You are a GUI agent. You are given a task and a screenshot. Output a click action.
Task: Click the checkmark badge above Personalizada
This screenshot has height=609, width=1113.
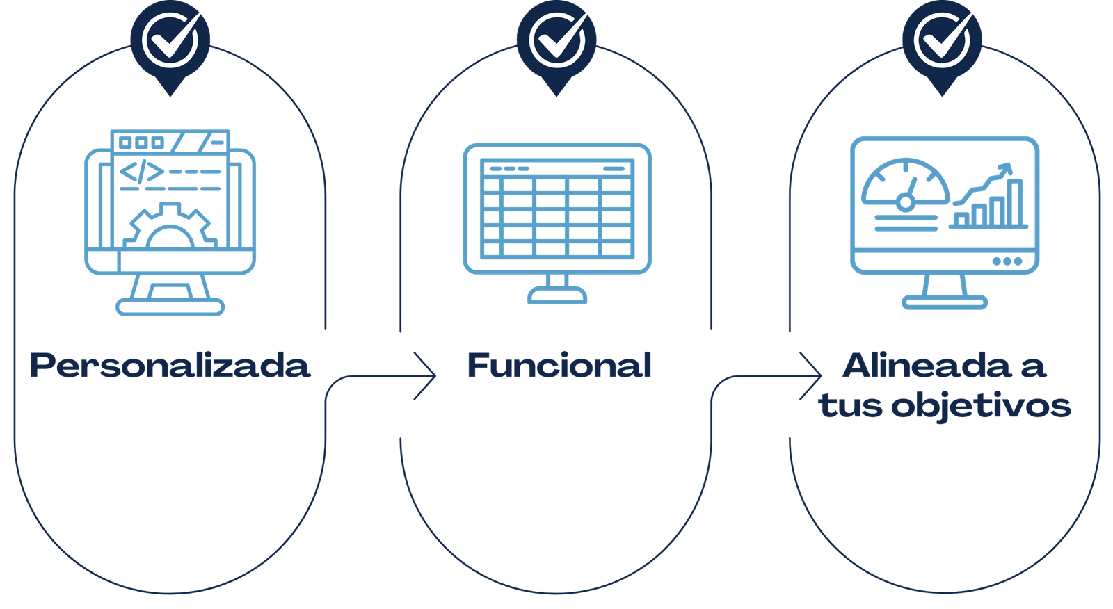(170, 40)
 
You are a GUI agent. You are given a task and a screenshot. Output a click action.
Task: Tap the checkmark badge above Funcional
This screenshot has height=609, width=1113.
(556, 40)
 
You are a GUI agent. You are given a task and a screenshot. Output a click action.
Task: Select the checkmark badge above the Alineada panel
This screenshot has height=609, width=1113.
(943, 40)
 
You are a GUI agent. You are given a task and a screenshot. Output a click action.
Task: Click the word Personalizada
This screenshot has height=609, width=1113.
(169, 366)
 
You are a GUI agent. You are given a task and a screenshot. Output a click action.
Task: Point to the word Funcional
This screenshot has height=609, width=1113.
(559, 366)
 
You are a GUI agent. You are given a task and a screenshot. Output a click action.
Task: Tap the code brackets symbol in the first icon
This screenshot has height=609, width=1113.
(142, 172)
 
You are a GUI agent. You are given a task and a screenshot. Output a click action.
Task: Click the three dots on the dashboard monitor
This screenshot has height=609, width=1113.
(1007, 261)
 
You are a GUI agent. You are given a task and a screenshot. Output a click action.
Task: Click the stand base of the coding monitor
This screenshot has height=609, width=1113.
(170, 306)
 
